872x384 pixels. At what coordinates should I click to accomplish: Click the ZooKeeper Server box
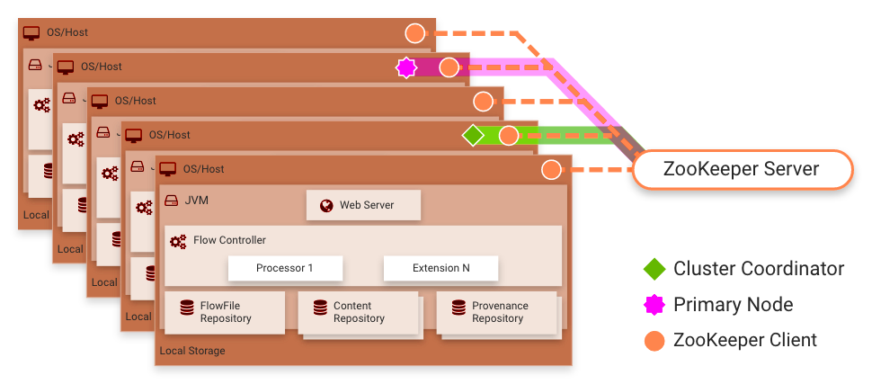pos(741,169)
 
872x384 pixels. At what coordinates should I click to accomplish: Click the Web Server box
pos(362,206)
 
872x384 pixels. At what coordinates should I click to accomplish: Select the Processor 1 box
pos(285,268)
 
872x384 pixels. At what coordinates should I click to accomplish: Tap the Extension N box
pos(440,268)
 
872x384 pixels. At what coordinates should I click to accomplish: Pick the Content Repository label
pos(359,312)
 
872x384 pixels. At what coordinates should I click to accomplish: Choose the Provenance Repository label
pos(500,312)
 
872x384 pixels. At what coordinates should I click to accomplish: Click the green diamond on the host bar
pos(473,136)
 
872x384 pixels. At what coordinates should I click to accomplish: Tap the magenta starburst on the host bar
pos(406,67)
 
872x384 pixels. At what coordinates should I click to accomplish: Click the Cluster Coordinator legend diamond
pos(654,269)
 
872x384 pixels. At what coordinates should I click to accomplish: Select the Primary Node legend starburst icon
pos(654,305)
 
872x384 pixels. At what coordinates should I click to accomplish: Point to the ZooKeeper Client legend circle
pos(654,341)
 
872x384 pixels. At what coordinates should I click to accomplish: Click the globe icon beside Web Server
pos(326,206)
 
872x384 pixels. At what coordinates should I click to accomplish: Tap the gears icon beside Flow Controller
pos(178,241)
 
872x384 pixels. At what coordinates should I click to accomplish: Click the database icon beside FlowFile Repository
pos(187,308)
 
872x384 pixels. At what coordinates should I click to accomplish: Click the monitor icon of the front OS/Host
pos(168,169)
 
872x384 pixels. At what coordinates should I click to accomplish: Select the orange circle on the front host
pos(551,170)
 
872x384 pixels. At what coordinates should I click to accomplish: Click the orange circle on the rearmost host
pos(414,33)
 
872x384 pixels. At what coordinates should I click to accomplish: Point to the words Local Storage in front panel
pos(192,351)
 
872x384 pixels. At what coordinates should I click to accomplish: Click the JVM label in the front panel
pos(196,201)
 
